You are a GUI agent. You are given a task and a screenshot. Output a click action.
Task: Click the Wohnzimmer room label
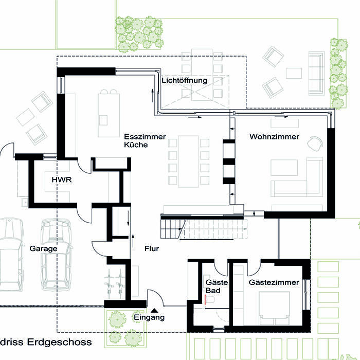(274, 137)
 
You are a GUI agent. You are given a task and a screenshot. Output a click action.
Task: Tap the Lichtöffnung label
(184, 81)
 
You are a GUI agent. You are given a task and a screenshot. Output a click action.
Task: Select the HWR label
(62, 179)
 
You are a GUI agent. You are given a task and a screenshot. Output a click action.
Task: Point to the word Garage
(43, 248)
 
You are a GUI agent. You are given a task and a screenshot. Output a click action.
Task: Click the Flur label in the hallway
(152, 248)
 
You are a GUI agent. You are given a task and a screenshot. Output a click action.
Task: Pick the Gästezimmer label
(274, 282)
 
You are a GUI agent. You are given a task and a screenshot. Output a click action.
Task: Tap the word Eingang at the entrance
(149, 318)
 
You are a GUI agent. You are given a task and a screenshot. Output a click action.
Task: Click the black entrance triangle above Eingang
(154, 311)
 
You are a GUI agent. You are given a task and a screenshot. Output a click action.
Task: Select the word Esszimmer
(145, 137)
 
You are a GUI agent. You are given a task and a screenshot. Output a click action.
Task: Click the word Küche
(136, 145)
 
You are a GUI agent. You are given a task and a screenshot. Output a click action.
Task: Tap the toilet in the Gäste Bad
(210, 300)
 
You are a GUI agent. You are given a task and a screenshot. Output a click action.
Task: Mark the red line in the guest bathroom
(205, 299)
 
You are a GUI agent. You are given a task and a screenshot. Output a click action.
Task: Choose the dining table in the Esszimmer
(188, 161)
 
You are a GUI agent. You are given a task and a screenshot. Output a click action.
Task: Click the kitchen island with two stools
(109, 114)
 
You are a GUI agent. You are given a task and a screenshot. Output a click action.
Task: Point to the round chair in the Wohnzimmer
(315, 143)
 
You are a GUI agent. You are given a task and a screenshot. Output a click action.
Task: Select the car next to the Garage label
(56, 254)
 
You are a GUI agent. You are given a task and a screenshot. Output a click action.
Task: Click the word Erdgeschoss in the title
(60, 342)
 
